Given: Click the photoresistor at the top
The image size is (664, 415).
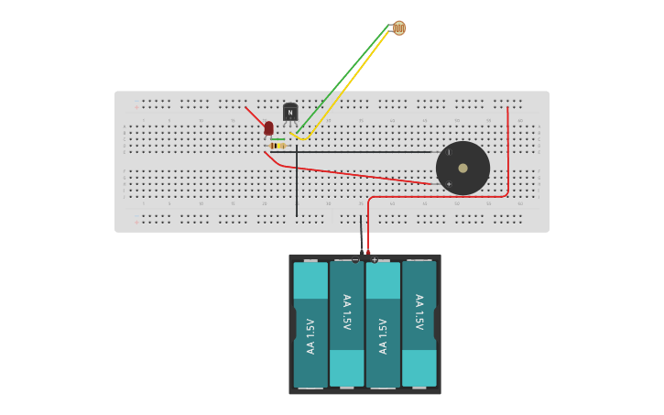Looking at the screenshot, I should (398, 28).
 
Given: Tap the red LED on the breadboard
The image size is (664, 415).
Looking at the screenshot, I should (268, 128).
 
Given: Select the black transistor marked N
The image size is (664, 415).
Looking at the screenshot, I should (290, 112).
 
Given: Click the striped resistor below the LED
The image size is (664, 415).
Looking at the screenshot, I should (278, 146).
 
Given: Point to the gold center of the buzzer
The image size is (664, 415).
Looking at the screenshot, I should (463, 168).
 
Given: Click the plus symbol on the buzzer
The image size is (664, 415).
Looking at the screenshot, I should (449, 184).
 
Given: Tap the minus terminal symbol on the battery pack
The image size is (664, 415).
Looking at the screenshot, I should (355, 260).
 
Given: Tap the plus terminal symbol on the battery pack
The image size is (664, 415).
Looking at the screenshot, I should (375, 260).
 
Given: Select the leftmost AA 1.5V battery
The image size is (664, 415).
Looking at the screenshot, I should (310, 325).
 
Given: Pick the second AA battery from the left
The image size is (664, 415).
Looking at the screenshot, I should (346, 325).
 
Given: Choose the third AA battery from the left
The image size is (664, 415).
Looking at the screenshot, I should (383, 325).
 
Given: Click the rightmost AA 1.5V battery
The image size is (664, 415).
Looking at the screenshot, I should (419, 325).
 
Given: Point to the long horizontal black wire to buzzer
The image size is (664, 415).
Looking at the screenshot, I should (366, 152).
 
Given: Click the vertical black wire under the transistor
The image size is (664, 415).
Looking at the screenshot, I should (297, 188).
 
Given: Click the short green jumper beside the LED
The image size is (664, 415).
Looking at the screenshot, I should (278, 139).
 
